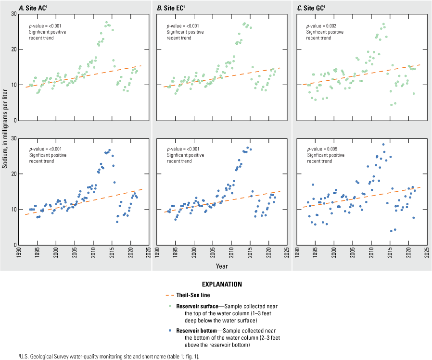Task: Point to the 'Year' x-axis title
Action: tap(223, 265)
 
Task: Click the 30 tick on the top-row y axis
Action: tap(12, 13)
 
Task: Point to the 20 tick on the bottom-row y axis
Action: tap(12, 174)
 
